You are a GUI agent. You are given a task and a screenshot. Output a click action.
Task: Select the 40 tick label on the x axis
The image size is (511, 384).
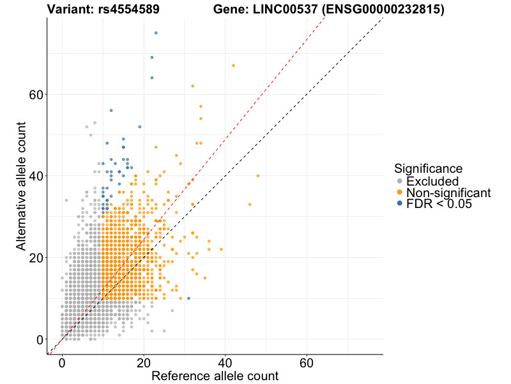pyautogui.click(x=225, y=362)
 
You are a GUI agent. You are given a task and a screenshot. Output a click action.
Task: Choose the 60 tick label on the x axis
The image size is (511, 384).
pyautogui.click(x=307, y=362)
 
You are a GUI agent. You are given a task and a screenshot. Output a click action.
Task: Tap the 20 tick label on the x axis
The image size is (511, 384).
pyautogui.click(x=143, y=362)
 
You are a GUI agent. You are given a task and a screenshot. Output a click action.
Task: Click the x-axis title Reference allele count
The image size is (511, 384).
pyautogui.click(x=215, y=376)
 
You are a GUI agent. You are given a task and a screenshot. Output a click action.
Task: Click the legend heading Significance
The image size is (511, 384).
pyautogui.click(x=428, y=169)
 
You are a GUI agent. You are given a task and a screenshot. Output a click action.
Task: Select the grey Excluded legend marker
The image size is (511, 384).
pyautogui.click(x=400, y=182)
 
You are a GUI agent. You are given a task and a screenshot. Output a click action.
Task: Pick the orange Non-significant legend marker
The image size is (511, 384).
pyautogui.click(x=400, y=193)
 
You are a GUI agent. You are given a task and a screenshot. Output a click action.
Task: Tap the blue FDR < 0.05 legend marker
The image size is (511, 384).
pyautogui.click(x=400, y=204)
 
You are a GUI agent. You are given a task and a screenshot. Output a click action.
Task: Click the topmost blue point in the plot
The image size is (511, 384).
pyautogui.click(x=156, y=33)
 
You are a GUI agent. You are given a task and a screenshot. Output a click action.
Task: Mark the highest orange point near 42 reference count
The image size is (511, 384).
pyautogui.click(x=233, y=65)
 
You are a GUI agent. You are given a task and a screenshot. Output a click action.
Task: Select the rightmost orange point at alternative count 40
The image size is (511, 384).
pyautogui.click(x=258, y=175)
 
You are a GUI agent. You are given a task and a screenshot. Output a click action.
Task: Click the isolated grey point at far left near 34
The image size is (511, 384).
pyautogui.click(x=66, y=200)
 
